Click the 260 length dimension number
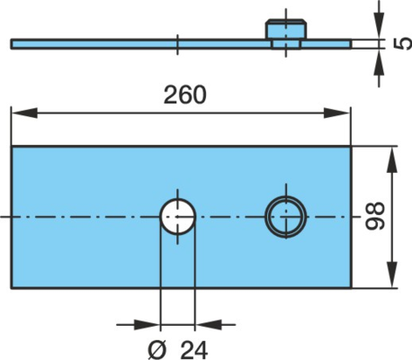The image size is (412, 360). point(185,94)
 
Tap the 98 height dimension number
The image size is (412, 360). point(375,216)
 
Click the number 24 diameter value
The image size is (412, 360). point(194,350)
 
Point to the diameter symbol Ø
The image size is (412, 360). point(157,350)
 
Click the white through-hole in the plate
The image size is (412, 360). point(177,216)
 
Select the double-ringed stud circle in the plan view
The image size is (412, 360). point(286,217)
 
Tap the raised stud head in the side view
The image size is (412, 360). point(286,29)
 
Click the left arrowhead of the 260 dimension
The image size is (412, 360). point(24,113)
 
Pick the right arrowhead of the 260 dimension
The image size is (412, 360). point(336,113)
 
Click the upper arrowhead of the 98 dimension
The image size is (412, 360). point(391,159)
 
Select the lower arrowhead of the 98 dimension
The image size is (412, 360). point(391,274)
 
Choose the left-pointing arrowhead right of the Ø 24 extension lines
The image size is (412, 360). point(208,324)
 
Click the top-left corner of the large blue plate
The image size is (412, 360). point(12,147)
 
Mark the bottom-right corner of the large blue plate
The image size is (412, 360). point(351,288)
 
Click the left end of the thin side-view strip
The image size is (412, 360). point(12,44)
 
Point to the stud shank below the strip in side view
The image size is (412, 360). point(286,45)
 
